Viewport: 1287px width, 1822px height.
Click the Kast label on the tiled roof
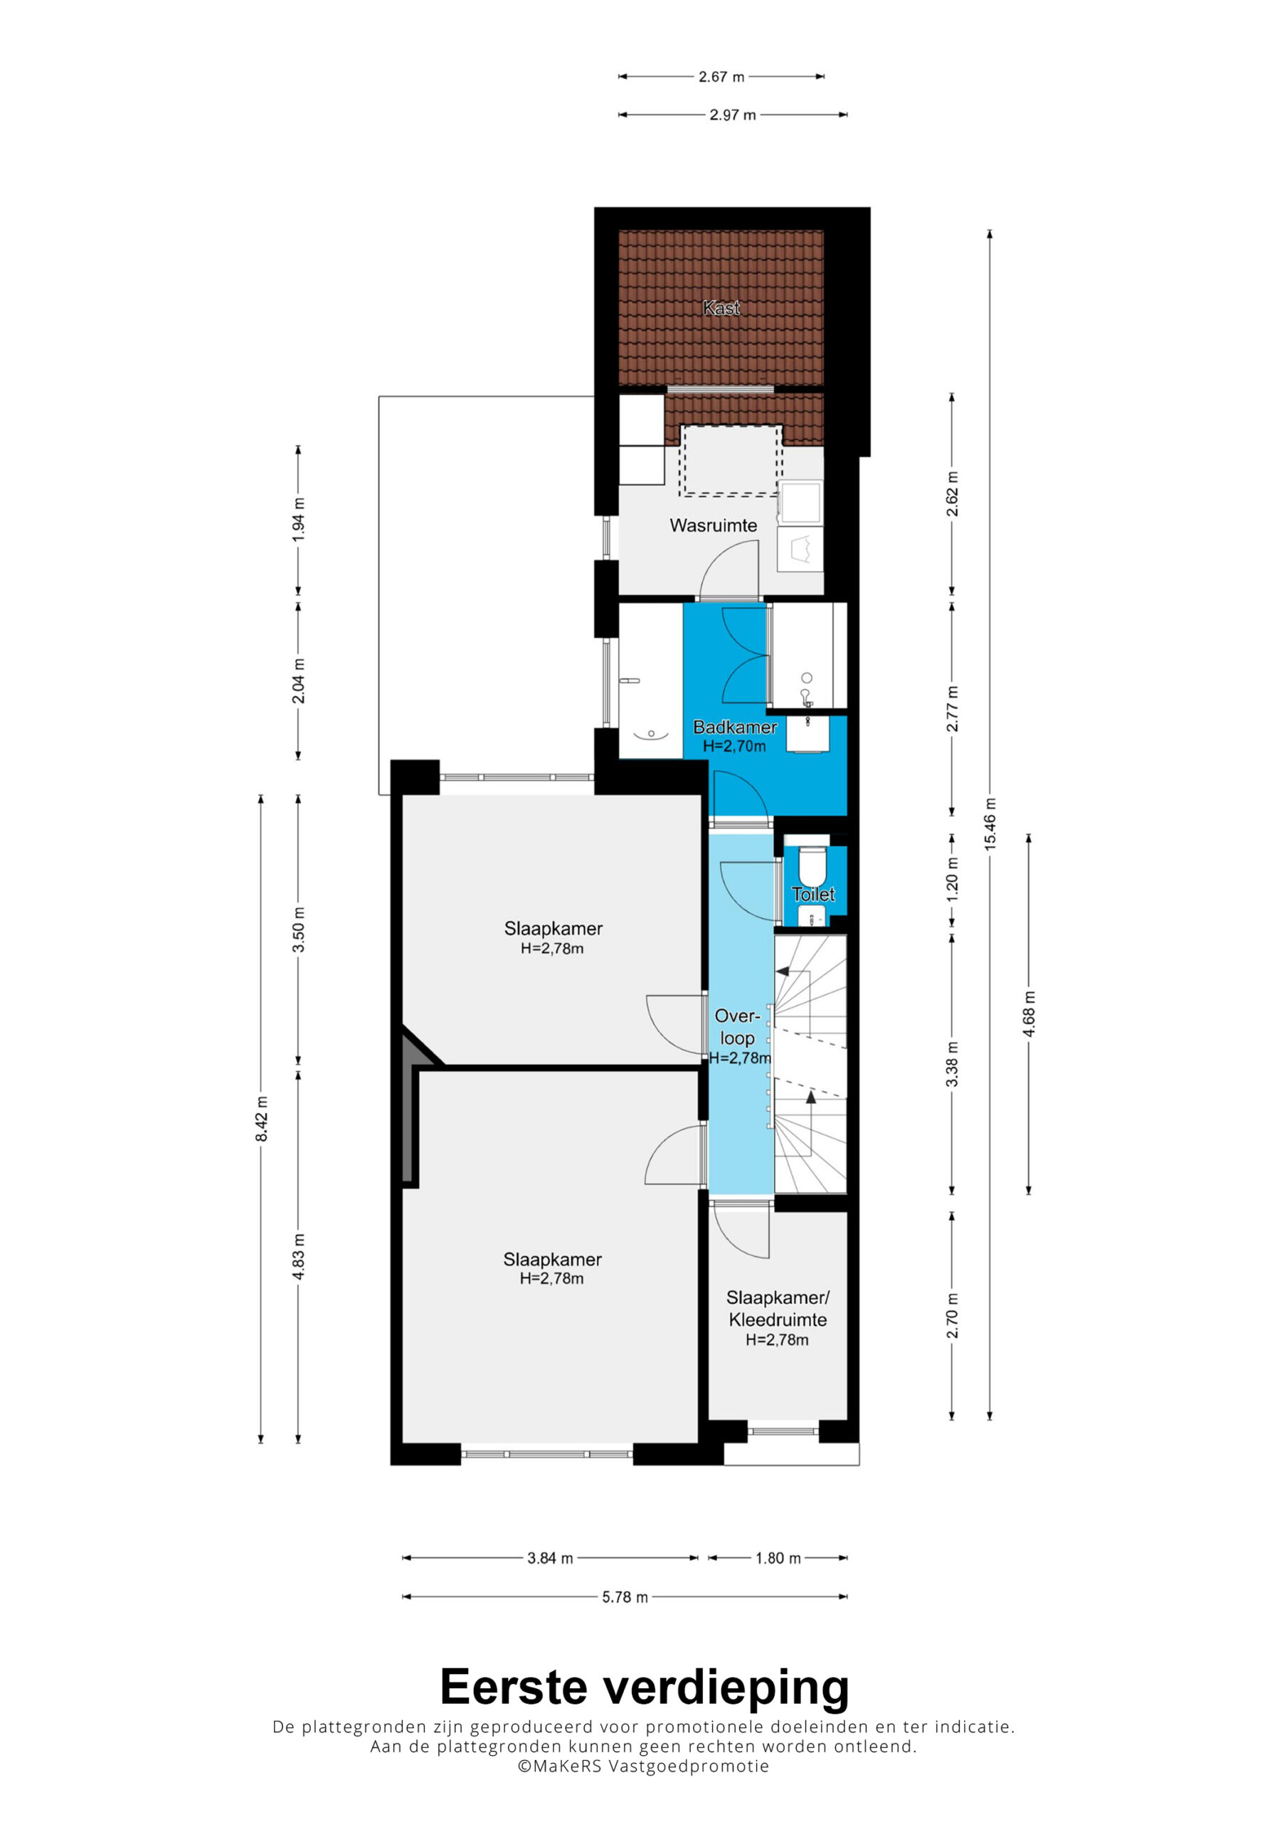click(x=721, y=308)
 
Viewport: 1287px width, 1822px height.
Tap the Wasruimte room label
click(x=714, y=525)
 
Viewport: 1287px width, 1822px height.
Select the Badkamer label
click(x=735, y=727)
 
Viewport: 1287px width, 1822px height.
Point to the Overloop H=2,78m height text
click(x=739, y=1058)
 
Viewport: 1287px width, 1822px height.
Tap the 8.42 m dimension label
click(x=261, y=1119)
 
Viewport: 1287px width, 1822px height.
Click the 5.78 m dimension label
click(x=625, y=1596)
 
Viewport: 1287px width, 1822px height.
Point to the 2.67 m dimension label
click(x=721, y=77)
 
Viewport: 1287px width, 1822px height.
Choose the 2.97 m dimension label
click(x=732, y=115)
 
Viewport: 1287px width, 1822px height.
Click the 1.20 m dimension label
click(x=952, y=879)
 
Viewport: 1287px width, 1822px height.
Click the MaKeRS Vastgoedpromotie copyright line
click(x=643, y=1766)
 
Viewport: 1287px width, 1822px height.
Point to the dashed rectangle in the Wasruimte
click(x=731, y=461)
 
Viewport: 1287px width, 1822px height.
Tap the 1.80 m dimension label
click(x=778, y=1559)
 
